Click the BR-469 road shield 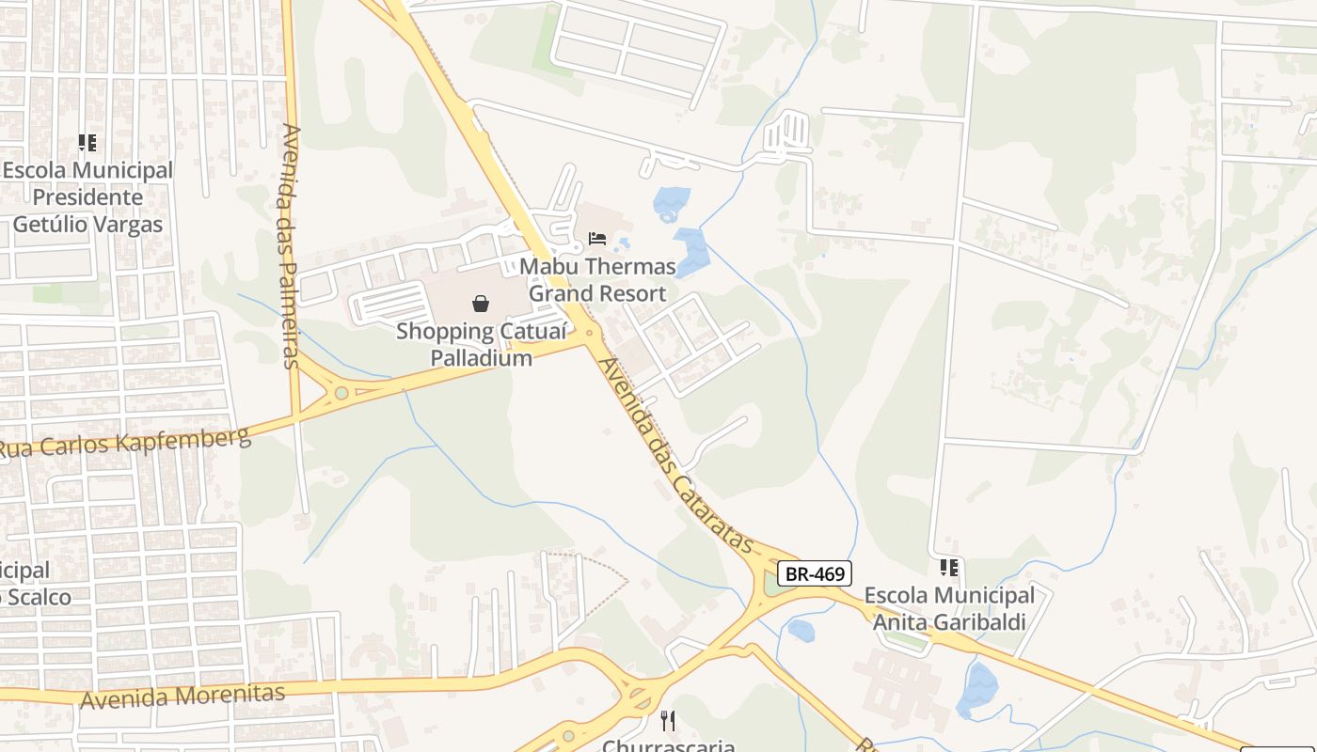click(x=815, y=572)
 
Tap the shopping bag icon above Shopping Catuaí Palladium click(x=481, y=303)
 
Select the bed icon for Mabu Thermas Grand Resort click(x=596, y=238)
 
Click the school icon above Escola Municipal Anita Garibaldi click(x=948, y=567)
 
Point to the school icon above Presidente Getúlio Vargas click(x=87, y=143)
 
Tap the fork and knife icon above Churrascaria click(x=668, y=721)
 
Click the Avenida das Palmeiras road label click(x=289, y=244)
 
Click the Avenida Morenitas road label click(x=182, y=697)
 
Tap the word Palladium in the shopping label click(x=481, y=358)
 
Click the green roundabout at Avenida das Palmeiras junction click(x=341, y=392)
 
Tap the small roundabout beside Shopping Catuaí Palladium click(x=590, y=332)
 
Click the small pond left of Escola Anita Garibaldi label click(x=801, y=630)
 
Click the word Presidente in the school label click(x=87, y=197)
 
